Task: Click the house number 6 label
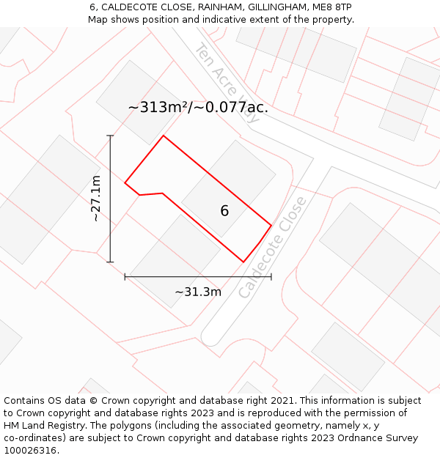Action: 224,211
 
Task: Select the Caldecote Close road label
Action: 272,247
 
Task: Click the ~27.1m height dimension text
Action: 96,199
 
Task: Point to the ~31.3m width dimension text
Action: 198,292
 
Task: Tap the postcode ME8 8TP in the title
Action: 333,7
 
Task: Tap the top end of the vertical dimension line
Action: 111,136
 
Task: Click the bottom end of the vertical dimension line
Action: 111,262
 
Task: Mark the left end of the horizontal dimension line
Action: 125,277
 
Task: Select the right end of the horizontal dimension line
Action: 271,277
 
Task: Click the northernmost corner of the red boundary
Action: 163,136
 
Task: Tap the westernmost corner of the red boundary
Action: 125,183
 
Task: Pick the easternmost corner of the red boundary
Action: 271,225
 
